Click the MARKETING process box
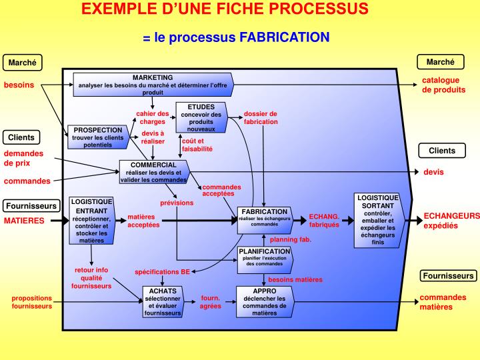[152, 85]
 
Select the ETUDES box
[201, 117]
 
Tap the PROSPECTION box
[97, 137]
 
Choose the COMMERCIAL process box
[153, 172]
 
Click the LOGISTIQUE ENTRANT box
[92, 220]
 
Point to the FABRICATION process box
[265, 219]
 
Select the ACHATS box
[163, 301]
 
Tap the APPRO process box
[265, 301]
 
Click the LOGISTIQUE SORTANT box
[377, 220]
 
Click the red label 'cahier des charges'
[153, 117]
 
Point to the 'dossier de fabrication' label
[261, 117]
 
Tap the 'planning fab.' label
[291, 239]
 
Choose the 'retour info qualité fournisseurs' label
[91, 278]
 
